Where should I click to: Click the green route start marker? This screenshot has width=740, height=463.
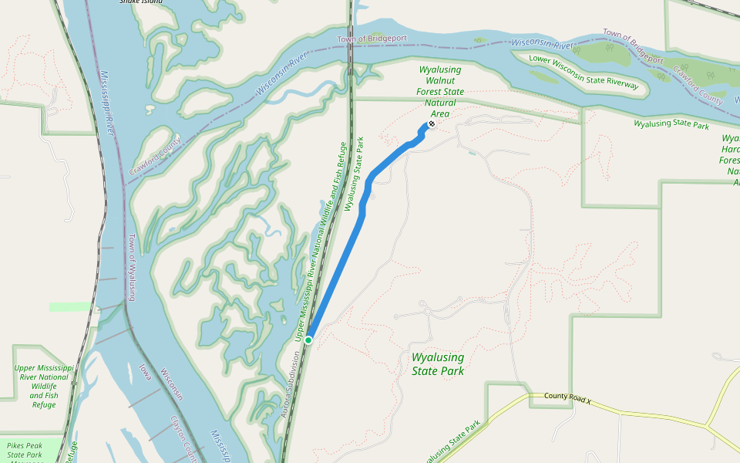point(308,340)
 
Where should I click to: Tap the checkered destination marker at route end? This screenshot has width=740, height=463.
point(432,123)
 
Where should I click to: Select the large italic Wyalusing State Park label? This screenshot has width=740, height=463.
point(438,364)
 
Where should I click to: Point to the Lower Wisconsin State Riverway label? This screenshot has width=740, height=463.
point(584,73)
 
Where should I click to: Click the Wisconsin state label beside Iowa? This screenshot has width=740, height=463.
point(171,384)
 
